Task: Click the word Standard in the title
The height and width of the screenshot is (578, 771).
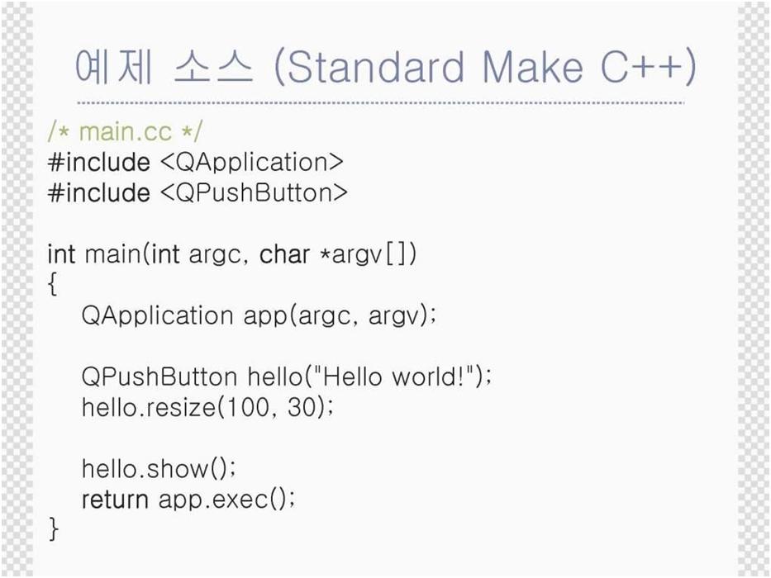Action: click(374, 67)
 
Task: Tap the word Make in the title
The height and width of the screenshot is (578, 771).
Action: click(533, 67)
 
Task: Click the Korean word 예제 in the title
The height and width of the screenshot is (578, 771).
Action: click(114, 67)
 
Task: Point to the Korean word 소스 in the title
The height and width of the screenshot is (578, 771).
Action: click(214, 67)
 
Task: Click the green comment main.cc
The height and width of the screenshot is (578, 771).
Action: click(126, 132)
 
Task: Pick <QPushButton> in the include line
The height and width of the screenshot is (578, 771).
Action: click(254, 192)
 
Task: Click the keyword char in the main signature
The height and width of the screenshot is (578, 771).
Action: click(285, 254)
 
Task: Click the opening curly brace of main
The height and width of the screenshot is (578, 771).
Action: click(53, 285)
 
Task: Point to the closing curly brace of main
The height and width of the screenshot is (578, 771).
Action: click(53, 529)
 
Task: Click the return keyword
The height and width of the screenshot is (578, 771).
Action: click(115, 500)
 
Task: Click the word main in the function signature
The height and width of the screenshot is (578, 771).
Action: click(112, 254)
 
